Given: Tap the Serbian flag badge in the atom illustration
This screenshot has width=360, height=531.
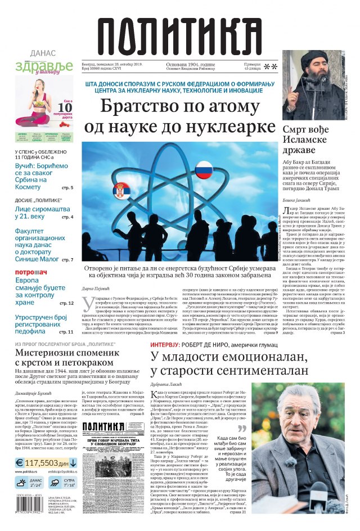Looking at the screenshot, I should click(121, 190).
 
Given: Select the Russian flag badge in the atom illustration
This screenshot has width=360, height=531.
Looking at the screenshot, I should click(204, 169).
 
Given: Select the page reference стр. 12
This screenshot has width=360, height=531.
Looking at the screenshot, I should click(66, 303).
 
